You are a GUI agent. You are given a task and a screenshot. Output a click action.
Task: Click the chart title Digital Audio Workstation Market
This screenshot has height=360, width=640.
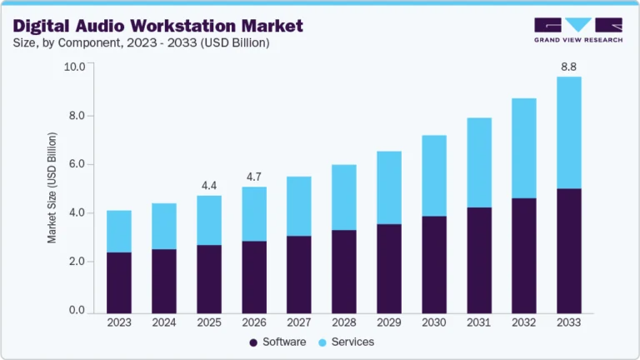pos(158,26)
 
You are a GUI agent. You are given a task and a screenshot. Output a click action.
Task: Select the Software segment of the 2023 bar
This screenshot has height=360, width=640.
pos(119,282)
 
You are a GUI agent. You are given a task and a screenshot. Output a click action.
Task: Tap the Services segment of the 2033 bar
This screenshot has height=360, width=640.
pos(569,132)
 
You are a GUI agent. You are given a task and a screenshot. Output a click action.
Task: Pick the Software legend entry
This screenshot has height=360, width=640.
pos(277,342)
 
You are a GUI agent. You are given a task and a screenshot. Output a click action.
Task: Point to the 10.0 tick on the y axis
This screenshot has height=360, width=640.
pos(74,67)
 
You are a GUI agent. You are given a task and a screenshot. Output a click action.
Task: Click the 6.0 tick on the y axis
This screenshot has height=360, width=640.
pos(77,164)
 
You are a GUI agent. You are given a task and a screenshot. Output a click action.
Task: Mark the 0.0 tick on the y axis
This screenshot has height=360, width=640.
pos(77,311)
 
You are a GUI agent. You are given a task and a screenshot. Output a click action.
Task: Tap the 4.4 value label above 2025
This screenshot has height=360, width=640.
pos(209,184)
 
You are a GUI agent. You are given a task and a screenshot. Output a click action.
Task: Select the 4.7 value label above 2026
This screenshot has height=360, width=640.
pos(254,177)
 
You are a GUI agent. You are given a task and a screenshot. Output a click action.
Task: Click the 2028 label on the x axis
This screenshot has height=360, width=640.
pos(344,322)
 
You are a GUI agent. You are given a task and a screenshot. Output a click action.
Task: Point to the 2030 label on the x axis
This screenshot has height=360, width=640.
pos(434,322)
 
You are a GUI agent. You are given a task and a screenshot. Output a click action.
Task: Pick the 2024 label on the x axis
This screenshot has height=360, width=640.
pos(164,322)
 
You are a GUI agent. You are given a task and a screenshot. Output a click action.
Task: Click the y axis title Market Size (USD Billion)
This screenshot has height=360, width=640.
pos(52,187)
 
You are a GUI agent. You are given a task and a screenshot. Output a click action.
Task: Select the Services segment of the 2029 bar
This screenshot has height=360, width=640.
pos(389,187)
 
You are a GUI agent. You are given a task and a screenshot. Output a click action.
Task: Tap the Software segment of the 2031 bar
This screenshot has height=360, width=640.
pos(479,259)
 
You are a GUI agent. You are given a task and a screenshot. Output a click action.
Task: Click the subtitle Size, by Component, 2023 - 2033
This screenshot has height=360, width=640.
pos(141,43)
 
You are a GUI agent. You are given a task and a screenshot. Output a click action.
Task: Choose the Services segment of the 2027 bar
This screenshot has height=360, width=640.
pos(299,206)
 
